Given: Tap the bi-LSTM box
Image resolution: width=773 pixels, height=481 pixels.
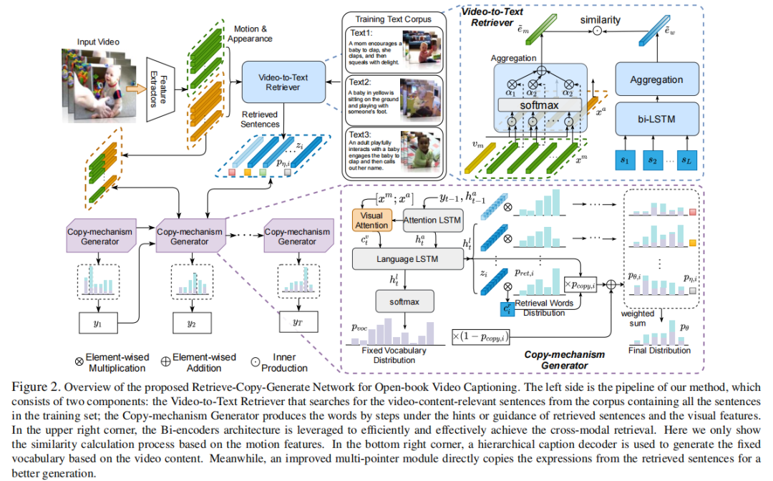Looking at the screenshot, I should (656, 115).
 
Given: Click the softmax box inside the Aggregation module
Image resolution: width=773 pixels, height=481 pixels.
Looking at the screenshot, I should (540, 105).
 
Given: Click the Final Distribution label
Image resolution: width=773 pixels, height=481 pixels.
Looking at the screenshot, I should (659, 351).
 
